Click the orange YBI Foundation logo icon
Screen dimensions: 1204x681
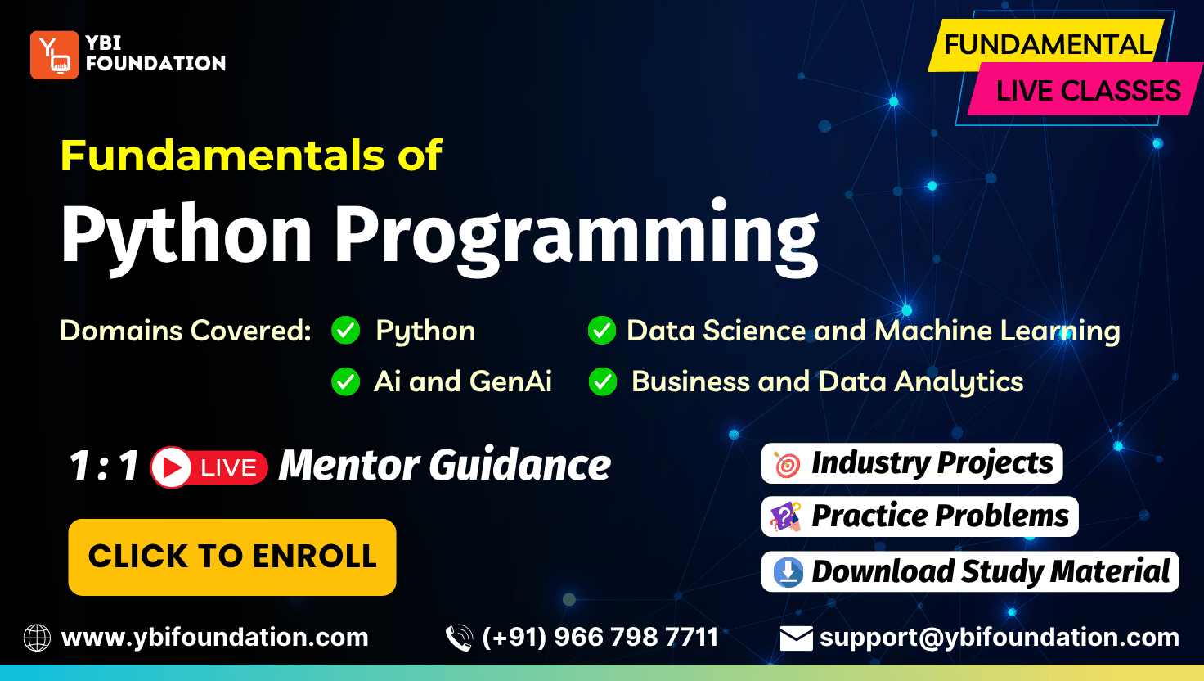coord(54,55)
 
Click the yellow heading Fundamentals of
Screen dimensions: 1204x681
coord(251,156)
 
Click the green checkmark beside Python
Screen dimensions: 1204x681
coord(346,330)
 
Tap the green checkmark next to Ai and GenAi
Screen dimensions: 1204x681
coord(346,381)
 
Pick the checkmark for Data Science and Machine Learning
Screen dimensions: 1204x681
coord(602,330)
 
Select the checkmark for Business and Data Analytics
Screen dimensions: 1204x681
coord(603,381)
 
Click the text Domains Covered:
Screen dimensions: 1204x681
coord(186,331)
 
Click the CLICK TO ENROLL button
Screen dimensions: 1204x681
coord(232,557)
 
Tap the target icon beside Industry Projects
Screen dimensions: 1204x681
coord(787,464)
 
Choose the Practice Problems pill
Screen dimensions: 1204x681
coord(919,516)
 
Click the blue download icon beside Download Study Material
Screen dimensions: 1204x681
coord(788,572)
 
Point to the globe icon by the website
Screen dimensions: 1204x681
coord(37,638)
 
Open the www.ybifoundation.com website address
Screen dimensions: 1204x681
coord(215,638)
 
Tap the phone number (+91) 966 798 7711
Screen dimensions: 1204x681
coord(600,638)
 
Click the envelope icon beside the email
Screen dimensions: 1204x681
coord(796,638)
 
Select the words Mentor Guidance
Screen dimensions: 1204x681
coord(445,465)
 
